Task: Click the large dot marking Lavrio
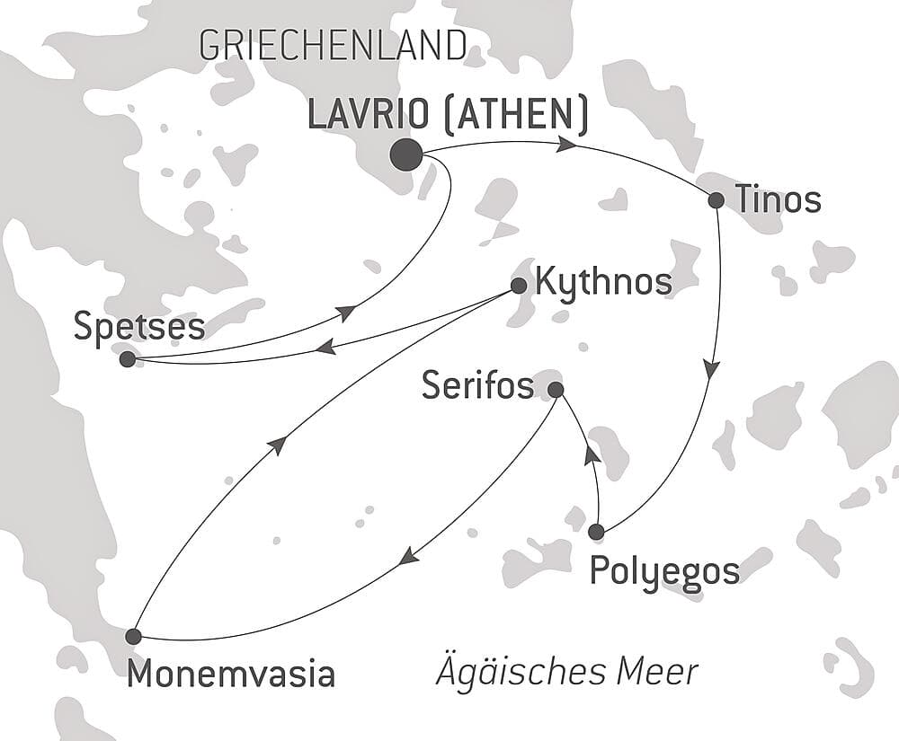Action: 406,154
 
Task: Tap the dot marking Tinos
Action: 716,200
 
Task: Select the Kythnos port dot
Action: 518,286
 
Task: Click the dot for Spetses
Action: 127,359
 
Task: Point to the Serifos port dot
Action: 556,390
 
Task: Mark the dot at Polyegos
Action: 595,532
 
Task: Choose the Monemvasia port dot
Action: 133,636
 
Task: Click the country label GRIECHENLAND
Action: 333,45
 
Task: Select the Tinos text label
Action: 778,200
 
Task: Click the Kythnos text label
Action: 602,282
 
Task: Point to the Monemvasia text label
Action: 231,674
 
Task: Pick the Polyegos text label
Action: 664,570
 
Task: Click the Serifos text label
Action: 477,387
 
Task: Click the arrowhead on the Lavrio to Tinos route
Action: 566,145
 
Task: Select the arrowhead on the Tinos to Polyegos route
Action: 711,369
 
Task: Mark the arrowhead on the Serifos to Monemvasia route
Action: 408,557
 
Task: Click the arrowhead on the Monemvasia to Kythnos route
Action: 279,445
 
